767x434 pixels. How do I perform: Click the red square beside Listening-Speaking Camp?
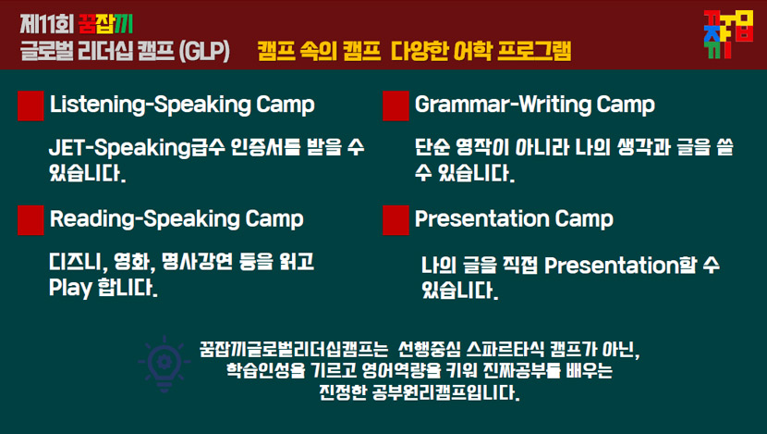30,105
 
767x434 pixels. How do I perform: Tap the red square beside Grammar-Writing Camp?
396,105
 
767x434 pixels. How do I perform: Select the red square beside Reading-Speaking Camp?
30,220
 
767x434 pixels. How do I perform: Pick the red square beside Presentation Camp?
396,220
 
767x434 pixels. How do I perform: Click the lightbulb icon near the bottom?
164,364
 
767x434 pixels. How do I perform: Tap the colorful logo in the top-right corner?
728,34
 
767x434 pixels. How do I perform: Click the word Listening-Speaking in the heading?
151,105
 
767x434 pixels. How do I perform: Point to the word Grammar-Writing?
503,105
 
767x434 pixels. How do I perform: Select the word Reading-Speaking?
145,219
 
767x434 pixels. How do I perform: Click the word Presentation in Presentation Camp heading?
481,218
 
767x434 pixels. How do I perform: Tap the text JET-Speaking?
120,148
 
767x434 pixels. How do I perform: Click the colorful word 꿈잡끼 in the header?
105,24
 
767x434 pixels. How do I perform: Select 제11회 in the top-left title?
47,24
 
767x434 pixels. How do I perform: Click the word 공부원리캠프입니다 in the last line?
444,392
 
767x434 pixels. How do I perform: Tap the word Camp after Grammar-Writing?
626,105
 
